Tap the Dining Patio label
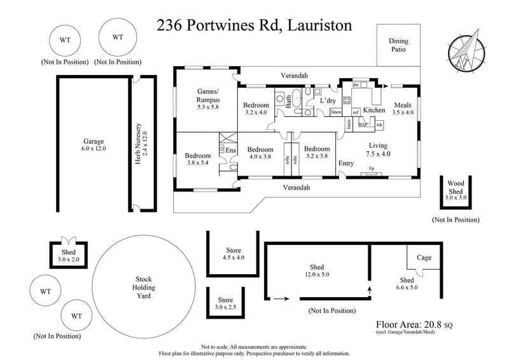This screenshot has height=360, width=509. coord(398,45)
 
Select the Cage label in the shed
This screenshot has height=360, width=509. coord(424,258)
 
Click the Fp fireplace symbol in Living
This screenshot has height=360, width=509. coord(372,169)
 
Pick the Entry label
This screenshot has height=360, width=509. coord(346,163)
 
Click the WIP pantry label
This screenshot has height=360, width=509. coord(363,125)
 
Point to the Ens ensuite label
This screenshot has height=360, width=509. coord(230,150)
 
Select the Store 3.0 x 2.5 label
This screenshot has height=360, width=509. coord(226,303)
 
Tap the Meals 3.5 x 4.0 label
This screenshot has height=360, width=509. coord(403,109)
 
